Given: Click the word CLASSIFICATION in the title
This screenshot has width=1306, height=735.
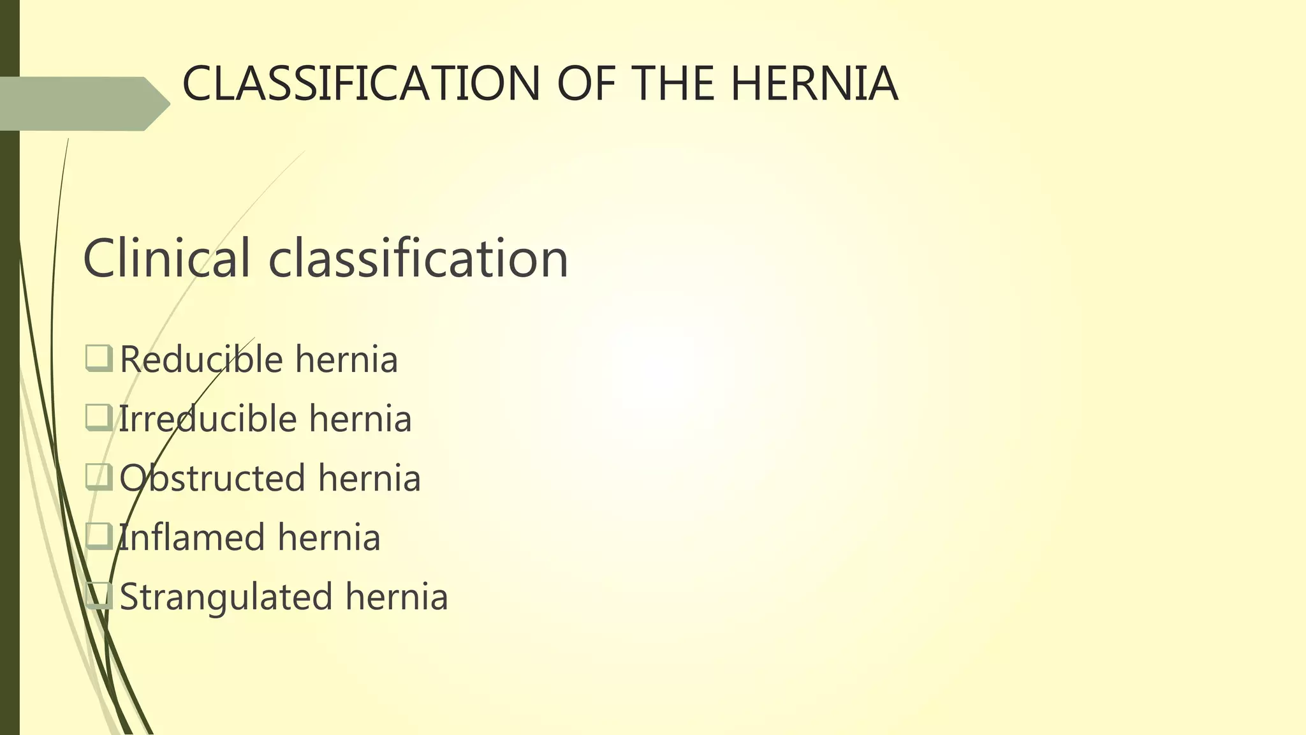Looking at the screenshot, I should coord(361,84).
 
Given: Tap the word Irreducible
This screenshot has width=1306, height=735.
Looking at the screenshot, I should coord(208,419).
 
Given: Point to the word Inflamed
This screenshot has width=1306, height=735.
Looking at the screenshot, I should coord(191,537).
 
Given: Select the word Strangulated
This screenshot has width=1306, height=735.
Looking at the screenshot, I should coord(226,597).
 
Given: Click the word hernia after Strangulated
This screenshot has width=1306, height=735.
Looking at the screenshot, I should coord(397,597).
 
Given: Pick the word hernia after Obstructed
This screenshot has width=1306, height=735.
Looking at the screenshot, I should coord(369,478).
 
